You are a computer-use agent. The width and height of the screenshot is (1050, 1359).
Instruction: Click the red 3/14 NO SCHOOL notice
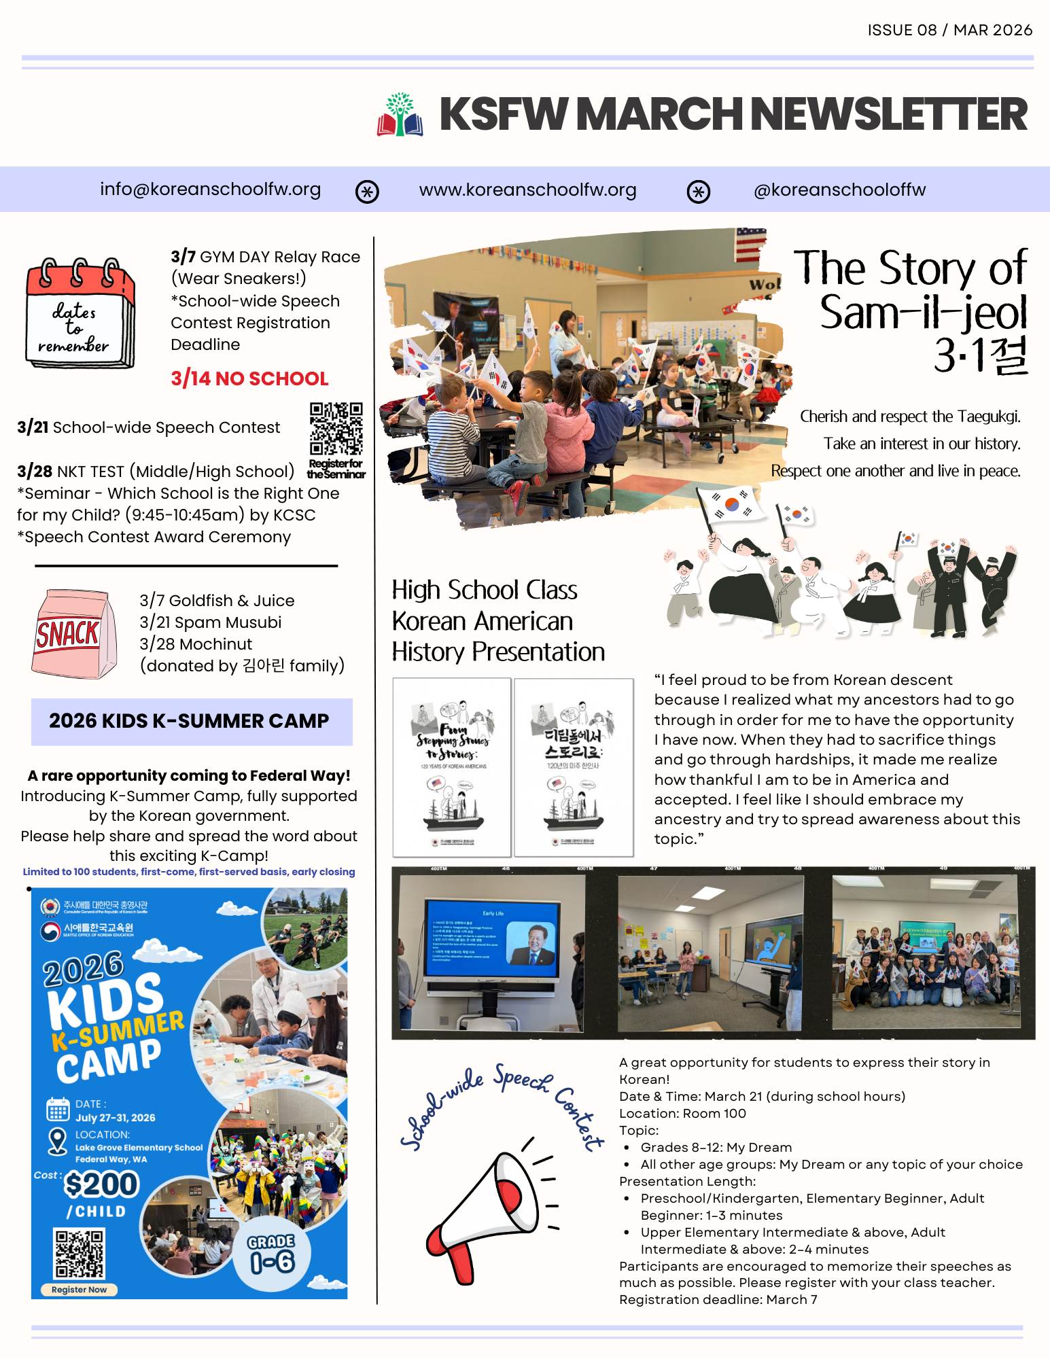click(x=249, y=378)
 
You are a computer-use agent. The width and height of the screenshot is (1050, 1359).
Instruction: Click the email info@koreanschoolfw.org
click(x=210, y=190)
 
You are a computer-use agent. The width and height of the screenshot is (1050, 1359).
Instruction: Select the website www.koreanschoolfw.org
click(x=527, y=190)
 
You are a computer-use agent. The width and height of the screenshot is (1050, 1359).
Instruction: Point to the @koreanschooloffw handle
click(x=839, y=190)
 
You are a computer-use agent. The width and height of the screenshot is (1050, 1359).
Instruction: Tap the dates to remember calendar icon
click(x=80, y=313)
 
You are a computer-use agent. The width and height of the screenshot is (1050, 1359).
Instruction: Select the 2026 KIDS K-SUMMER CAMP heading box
click(x=192, y=721)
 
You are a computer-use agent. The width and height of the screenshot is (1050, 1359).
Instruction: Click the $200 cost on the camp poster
click(x=101, y=1184)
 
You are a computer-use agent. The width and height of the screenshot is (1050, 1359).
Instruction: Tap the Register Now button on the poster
click(x=80, y=1290)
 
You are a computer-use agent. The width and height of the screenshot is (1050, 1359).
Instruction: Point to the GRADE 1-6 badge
click(x=271, y=1254)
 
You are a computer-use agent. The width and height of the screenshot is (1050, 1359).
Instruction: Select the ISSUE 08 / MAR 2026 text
click(x=949, y=31)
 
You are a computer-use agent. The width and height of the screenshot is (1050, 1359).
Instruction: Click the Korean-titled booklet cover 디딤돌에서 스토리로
click(x=574, y=767)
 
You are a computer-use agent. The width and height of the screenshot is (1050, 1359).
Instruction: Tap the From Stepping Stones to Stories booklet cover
click(x=452, y=767)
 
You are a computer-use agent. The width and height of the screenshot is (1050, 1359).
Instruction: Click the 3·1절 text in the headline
click(x=981, y=355)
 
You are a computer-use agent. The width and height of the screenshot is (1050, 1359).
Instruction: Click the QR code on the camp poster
click(x=80, y=1253)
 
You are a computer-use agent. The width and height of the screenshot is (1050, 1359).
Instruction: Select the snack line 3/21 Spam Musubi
click(x=211, y=622)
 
